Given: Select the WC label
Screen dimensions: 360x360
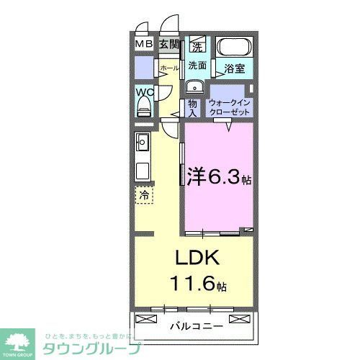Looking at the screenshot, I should click(143, 93).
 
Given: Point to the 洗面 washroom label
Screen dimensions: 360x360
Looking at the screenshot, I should click(197, 66).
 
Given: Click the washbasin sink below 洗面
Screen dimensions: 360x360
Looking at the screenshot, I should click(194, 87).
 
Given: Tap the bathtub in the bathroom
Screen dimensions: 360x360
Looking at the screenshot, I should click(234, 49).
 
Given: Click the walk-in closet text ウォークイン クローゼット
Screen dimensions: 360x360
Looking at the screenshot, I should click(230, 109).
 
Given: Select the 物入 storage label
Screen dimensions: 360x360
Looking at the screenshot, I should click(193, 108).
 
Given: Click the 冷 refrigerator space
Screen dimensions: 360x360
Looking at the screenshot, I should click(143, 194).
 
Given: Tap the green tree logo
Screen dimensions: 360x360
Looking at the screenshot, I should click(22, 341).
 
